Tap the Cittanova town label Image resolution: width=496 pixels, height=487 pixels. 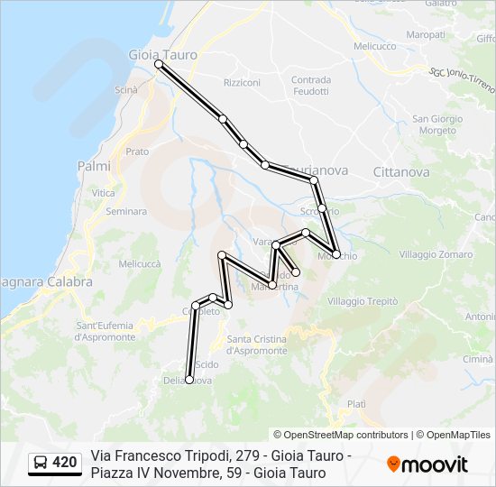[400, 170]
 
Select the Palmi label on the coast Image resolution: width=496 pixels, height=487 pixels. [94, 166]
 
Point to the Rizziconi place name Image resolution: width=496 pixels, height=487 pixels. [242, 83]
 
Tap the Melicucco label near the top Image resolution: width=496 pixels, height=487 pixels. [375, 45]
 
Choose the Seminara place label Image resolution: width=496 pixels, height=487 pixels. [126, 212]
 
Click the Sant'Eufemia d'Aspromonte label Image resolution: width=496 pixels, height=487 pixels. [105, 331]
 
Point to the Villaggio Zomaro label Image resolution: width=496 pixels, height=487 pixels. [436, 254]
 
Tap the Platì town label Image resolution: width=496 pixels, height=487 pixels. [356, 404]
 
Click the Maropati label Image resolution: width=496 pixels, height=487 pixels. [426, 34]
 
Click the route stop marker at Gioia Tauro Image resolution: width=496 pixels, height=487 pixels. [159, 65]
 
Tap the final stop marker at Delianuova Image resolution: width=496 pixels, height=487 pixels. [189, 380]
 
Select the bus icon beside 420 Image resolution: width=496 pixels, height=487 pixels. [41, 463]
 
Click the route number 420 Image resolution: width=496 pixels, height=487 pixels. [65, 463]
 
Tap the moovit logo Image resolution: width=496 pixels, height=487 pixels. [427, 464]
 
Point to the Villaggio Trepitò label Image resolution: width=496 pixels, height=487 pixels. [363, 301]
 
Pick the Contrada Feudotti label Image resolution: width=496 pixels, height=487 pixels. [311, 86]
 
